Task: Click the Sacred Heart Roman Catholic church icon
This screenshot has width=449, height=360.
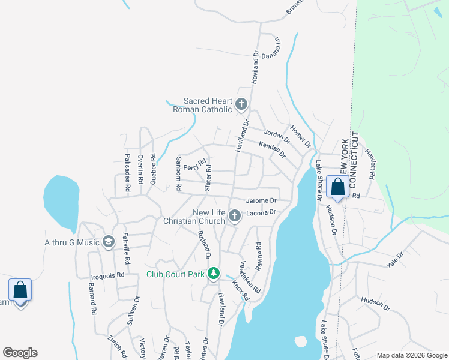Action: coord(241,105)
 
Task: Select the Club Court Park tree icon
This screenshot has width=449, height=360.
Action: coord(212,275)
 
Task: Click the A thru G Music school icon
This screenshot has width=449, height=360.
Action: coord(109,242)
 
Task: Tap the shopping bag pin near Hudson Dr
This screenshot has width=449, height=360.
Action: coord(337,188)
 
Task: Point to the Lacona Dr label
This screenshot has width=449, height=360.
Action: coord(260,212)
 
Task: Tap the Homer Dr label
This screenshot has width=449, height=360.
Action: coord(300,136)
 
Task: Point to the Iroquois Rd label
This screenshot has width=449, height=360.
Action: coord(107,275)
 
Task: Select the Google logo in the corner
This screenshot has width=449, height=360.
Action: coord(20,353)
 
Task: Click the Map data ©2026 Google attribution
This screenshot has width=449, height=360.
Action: coord(411,355)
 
